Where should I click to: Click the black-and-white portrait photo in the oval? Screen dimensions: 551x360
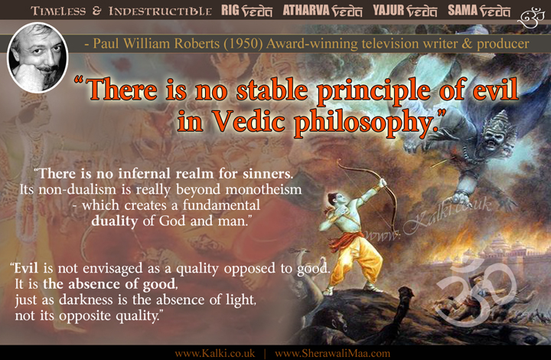point(37,57)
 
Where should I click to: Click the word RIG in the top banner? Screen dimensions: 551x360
point(230,11)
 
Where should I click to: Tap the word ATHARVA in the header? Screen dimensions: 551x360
point(305,11)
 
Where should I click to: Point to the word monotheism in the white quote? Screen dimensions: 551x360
point(263,189)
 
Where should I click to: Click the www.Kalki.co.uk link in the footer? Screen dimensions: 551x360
point(215,353)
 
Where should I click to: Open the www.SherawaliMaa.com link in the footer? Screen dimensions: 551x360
point(332,353)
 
